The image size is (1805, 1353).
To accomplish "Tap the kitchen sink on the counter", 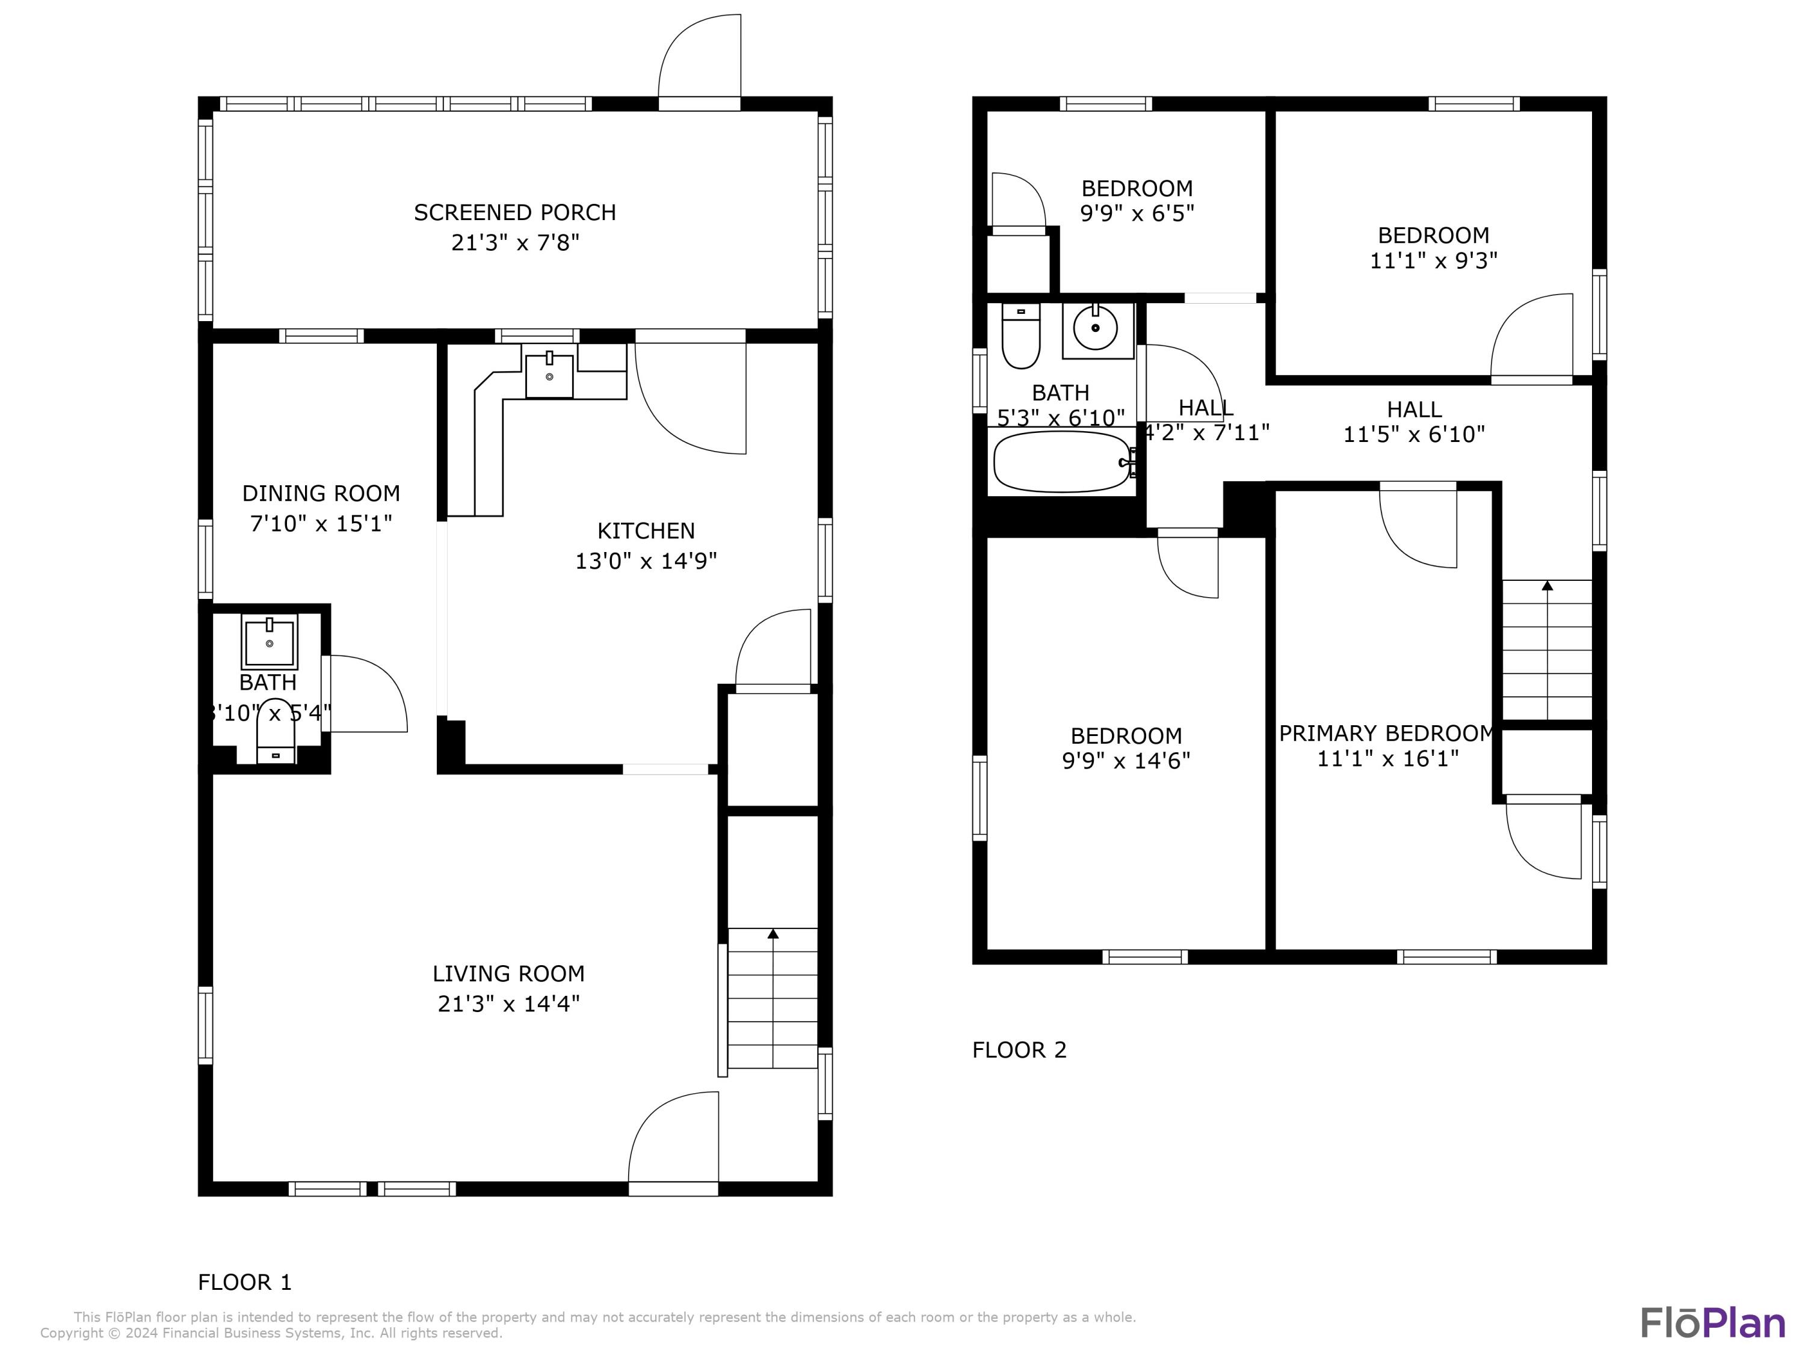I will [549, 375].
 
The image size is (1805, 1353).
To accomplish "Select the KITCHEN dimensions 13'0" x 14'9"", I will [646, 561].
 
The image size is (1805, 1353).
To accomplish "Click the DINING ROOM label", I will [321, 494].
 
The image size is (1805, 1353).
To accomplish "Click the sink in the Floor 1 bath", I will [270, 642].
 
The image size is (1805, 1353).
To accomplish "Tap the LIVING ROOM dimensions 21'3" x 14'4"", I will [508, 1003].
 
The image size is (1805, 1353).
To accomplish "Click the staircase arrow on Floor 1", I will [773, 934].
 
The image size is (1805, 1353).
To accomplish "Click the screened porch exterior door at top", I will [699, 61].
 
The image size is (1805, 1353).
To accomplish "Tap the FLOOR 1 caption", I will [244, 1282].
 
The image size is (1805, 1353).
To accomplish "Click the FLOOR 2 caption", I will [1019, 1049].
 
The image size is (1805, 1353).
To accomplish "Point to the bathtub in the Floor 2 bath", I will [1061, 462].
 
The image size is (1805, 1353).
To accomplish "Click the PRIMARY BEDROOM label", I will [1386, 733].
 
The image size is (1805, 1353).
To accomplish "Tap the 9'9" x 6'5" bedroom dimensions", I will [1137, 213].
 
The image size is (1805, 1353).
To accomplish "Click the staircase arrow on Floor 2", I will [1547, 586].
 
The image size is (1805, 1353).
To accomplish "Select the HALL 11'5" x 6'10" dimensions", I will [1413, 435].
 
